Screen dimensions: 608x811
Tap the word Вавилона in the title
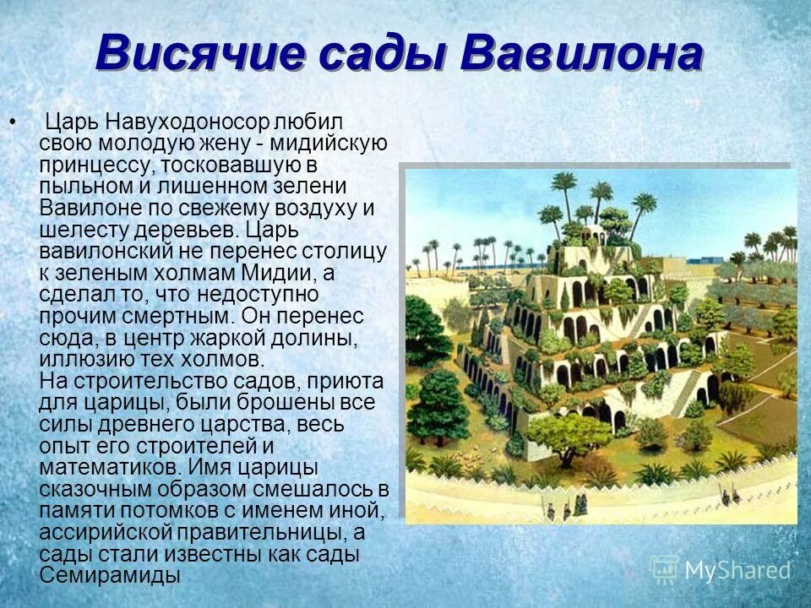point(583,55)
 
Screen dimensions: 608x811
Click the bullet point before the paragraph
point(12,122)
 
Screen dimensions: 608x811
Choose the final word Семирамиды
point(110,576)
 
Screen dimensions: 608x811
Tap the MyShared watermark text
point(738,570)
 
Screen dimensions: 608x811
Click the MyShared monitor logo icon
point(665,570)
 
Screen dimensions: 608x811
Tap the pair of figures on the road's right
point(580,504)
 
